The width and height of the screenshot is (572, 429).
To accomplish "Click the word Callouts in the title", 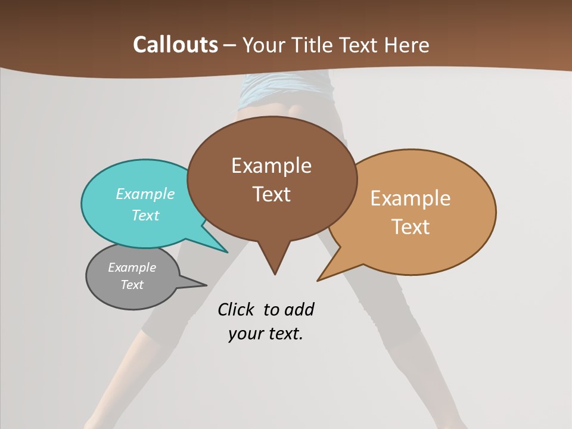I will pyautogui.click(x=176, y=45).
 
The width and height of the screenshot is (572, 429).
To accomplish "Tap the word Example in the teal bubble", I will pyautogui.click(x=145, y=194).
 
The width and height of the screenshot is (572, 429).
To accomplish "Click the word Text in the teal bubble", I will pyautogui.click(x=145, y=215).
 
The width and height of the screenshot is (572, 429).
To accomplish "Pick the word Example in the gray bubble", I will pyautogui.click(x=132, y=268).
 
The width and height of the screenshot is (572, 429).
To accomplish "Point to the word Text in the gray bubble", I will pyautogui.click(x=132, y=285).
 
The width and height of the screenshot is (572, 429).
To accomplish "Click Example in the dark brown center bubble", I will pyautogui.click(x=271, y=166).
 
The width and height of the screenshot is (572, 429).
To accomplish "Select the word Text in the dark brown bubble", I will pyautogui.click(x=271, y=194).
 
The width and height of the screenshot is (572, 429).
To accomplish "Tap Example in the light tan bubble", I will pyautogui.click(x=411, y=198).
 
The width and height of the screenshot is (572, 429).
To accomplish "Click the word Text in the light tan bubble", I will pyautogui.click(x=411, y=227).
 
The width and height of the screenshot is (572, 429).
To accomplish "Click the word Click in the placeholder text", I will pyautogui.click(x=237, y=309).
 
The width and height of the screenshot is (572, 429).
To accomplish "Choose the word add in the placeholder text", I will pyautogui.click(x=299, y=309).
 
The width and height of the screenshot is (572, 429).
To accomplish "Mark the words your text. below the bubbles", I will pyautogui.click(x=266, y=334).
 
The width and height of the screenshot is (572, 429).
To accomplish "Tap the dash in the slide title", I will pyautogui.click(x=230, y=45).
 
